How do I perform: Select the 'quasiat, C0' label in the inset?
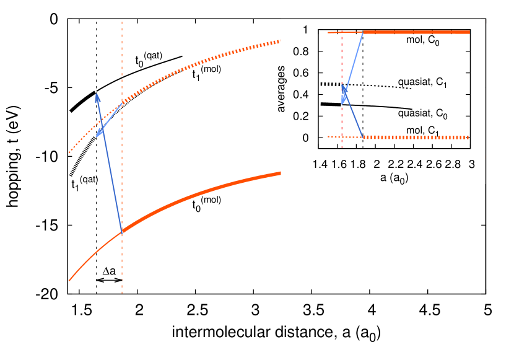pyautogui.click(x=422, y=114)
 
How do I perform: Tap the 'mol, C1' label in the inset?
pyautogui.click(x=422, y=130)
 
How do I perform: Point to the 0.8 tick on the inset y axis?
pyautogui.click(x=303, y=51)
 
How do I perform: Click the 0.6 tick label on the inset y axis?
pyautogui.click(x=303, y=73)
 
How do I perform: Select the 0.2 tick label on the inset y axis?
pyautogui.click(x=303, y=116)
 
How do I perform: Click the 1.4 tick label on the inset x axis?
pyautogui.click(x=320, y=165)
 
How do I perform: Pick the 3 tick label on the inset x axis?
pyautogui.click(x=471, y=165)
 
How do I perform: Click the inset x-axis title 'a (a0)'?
pyautogui.click(x=394, y=177)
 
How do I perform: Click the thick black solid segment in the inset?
pyautogui.click(x=331, y=104)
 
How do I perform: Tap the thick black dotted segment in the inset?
pyautogui.click(x=331, y=84)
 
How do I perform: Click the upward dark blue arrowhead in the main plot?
pyautogui.click(x=97, y=97)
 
